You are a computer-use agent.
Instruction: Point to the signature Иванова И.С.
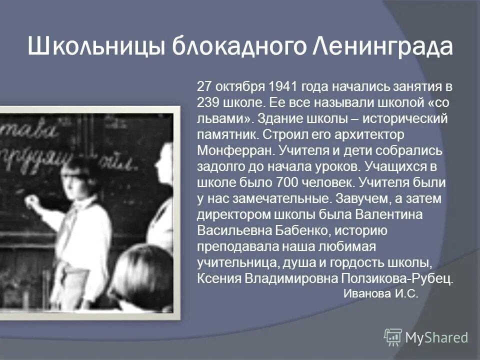click(380, 294)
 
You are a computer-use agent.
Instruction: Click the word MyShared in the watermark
click(436, 337)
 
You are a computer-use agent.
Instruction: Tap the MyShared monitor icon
click(393, 337)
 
